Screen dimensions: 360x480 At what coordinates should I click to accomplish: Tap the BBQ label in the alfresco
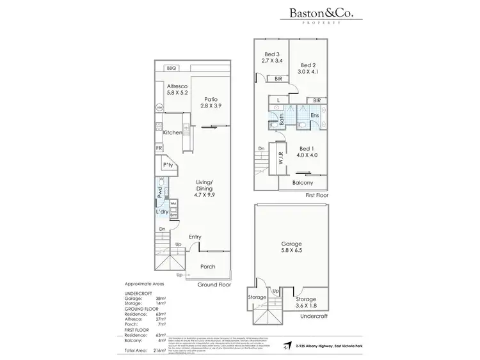[x=171, y=68]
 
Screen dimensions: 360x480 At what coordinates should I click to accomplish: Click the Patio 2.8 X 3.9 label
[x=211, y=103]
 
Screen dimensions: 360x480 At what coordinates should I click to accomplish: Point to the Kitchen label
[x=173, y=132]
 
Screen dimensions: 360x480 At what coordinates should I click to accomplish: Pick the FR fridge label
[x=159, y=148]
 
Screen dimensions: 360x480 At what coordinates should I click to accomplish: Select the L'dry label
[x=162, y=212]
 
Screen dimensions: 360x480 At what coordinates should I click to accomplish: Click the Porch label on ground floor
[x=208, y=267]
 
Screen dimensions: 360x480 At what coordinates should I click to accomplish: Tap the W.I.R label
[x=281, y=155]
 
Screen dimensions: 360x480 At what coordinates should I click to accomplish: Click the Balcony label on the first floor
[x=303, y=182]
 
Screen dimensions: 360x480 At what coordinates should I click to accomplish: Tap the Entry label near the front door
[x=195, y=237]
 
